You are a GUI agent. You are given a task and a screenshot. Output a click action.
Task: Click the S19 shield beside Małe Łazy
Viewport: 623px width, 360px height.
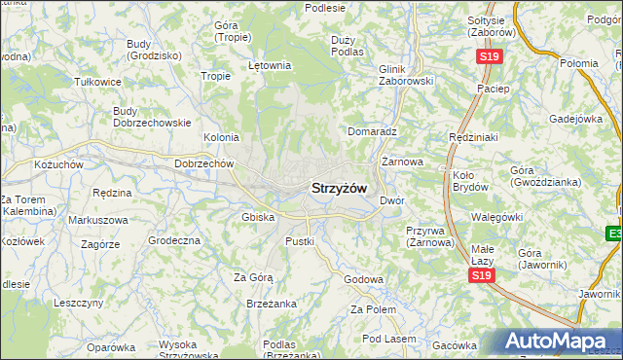point(479,276)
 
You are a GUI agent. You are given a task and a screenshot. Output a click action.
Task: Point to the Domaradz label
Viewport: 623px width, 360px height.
point(372,130)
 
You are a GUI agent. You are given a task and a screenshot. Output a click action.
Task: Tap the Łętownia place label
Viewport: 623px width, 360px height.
point(270,66)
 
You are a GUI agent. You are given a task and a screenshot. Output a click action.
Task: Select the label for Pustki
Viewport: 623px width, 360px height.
point(299,239)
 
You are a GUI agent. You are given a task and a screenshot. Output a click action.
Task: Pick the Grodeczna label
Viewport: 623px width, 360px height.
point(173,239)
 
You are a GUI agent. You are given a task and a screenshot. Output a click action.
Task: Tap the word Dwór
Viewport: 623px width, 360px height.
point(391,199)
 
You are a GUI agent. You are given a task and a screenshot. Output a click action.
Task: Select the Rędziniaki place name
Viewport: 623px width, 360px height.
point(473,137)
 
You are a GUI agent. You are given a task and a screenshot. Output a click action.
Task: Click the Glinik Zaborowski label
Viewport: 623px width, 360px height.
point(406,76)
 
